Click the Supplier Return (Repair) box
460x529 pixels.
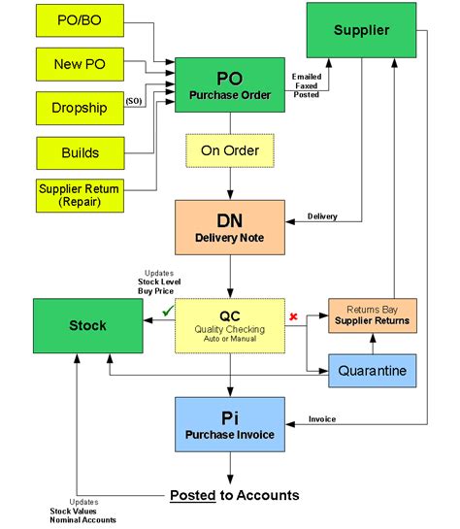click(x=79, y=196)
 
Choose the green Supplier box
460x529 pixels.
click(x=360, y=30)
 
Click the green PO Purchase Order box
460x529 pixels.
click(x=230, y=85)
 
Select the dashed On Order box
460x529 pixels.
click(x=230, y=150)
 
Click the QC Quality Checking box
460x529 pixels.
click(x=230, y=326)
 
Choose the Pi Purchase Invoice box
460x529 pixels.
click(x=230, y=424)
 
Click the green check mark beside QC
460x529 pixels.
click(x=167, y=311)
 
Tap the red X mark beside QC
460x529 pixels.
click(x=293, y=316)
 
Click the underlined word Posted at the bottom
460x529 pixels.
click(x=191, y=495)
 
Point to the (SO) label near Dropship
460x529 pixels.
click(x=133, y=100)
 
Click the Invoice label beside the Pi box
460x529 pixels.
click(x=322, y=419)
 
